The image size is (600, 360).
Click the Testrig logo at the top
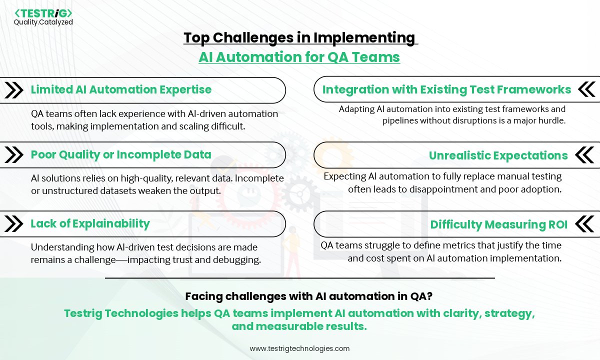click(43, 12)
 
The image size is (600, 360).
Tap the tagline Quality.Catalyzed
click(43, 22)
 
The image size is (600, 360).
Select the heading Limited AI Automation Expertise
click(121, 89)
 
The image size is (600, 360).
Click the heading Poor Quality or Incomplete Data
click(121, 154)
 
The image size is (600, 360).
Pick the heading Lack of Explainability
click(90, 223)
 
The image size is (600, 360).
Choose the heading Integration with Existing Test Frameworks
click(446, 89)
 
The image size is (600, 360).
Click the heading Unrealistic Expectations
click(498, 155)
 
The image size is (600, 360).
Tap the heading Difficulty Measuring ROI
click(498, 225)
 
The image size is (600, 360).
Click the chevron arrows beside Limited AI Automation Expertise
click(13, 90)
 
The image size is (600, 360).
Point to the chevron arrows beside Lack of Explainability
click(13, 223)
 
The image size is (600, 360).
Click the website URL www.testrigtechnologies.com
click(299, 348)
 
